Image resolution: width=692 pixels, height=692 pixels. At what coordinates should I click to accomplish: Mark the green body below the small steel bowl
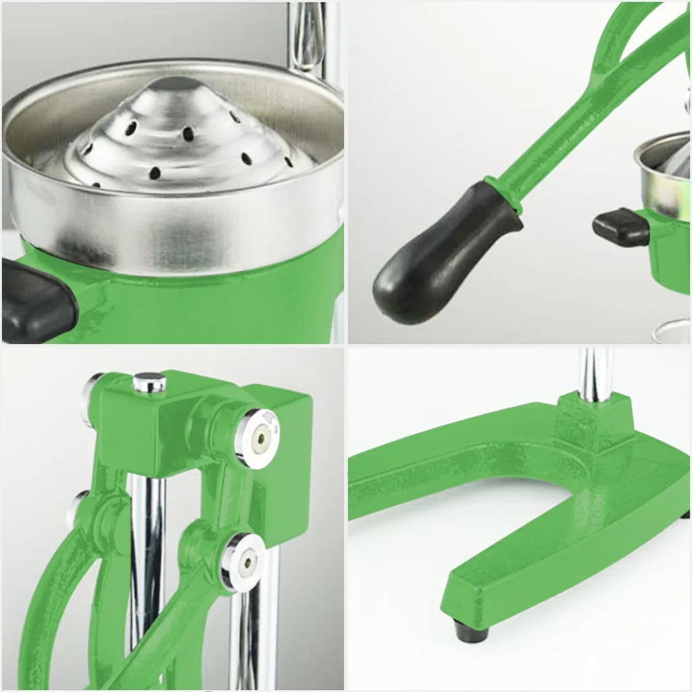click(669, 257)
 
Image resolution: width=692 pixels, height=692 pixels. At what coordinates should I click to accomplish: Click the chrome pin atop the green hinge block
click(149, 382)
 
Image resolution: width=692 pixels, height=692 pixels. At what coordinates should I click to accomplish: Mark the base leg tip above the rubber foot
click(473, 595)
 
